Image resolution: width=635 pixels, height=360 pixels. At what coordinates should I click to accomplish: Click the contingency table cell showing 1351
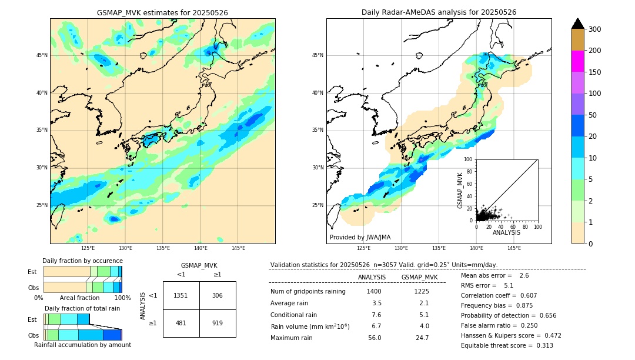coord(181,295)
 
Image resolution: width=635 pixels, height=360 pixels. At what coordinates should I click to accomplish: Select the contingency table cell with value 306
coord(218,295)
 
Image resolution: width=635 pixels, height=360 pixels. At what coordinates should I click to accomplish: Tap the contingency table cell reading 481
coord(181,323)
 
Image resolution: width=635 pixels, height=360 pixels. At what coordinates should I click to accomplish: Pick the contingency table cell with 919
coord(218,323)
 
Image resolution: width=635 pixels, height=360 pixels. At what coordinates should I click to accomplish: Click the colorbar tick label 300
coord(595,29)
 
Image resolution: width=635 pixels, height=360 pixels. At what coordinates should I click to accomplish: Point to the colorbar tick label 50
coord(593,115)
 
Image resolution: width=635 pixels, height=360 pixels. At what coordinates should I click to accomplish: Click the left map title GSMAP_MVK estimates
coord(162,12)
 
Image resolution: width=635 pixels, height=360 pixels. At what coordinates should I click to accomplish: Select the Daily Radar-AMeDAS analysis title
coord(439,12)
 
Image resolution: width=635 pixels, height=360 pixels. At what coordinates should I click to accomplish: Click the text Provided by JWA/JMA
coord(360,238)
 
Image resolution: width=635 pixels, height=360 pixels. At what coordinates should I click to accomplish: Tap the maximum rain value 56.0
coord(375,338)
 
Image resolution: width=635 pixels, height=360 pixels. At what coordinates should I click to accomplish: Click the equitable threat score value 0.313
coord(543,345)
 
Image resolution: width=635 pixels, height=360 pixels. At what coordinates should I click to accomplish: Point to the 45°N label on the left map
coord(42,55)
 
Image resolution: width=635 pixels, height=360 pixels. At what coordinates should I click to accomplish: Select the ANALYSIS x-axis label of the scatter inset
coord(506,232)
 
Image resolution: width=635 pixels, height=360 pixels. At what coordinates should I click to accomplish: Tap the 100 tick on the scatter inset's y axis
coord(468,159)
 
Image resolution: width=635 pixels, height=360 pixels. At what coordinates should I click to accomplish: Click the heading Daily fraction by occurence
coord(82,261)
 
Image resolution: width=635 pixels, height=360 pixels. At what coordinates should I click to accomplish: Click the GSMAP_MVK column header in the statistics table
coord(419,277)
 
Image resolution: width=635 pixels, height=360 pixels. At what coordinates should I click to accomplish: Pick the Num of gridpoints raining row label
coord(308,291)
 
